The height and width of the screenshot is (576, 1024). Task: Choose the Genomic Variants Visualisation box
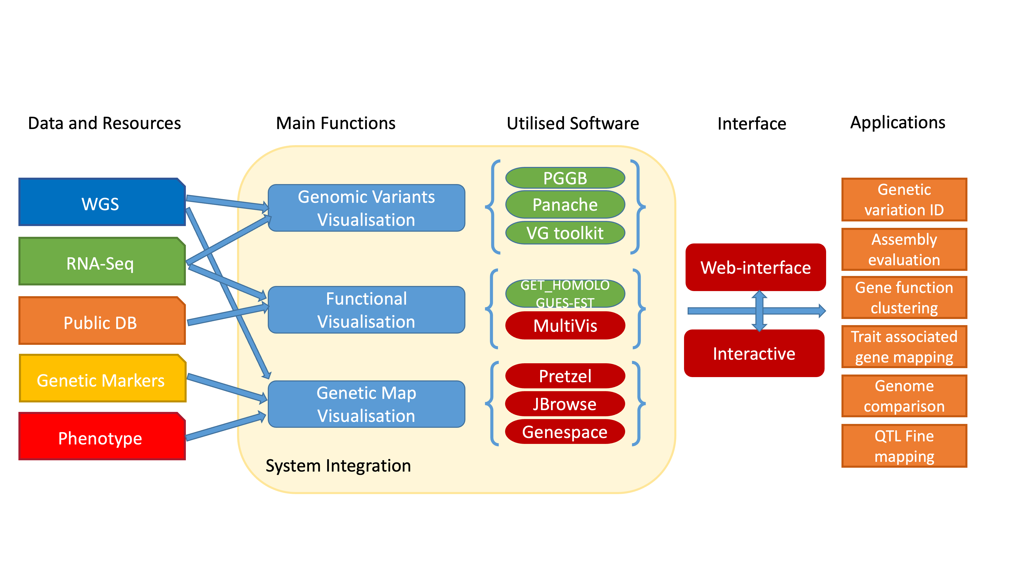coord(366,208)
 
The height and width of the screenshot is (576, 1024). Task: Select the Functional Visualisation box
coord(366,310)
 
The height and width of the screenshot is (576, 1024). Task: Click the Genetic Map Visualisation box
coord(366,404)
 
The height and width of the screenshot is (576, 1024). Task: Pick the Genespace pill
coord(565,431)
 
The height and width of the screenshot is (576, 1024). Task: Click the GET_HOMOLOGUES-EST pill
coord(565,293)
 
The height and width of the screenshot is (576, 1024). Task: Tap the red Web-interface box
coord(755,267)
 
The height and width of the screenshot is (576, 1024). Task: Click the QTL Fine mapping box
coord(904,446)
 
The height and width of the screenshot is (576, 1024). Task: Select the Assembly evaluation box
coord(904,249)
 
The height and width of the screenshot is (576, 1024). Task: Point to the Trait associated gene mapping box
coord(904,347)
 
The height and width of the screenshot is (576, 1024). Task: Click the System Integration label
coord(338,465)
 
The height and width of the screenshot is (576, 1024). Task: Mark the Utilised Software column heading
coord(572,123)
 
